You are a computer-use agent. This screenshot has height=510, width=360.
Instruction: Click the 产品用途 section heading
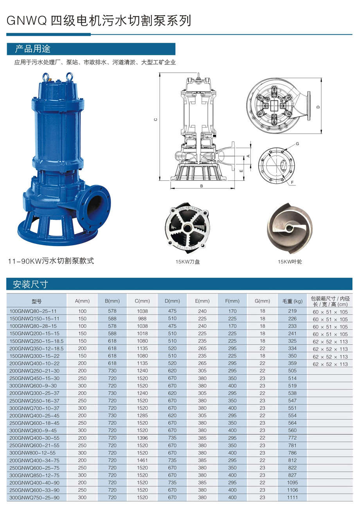pos(32,49)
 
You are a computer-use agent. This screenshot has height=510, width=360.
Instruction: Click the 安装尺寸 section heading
pos(30,284)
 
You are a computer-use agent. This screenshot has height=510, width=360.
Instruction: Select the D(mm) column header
pos(172,301)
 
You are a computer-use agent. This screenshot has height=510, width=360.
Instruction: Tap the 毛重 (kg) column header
pos(292,301)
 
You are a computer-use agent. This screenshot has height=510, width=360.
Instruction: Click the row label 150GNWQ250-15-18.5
pos(36,341)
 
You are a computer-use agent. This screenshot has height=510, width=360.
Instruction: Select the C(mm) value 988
pos(142,318)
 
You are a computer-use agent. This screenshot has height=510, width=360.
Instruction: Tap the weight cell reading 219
pos(292,311)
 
